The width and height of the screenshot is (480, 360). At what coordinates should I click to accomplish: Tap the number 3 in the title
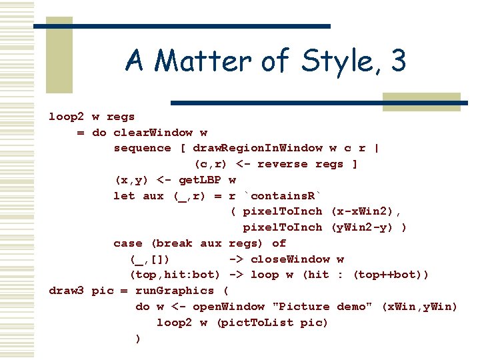[399, 62]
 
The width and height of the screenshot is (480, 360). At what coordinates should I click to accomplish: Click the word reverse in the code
[283, 164]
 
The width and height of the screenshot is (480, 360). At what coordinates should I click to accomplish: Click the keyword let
[125, 196]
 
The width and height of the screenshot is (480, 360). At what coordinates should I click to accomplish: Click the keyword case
[128, 243]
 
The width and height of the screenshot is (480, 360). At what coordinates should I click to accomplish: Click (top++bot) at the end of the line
[391, 275]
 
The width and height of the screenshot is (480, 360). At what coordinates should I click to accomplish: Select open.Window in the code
[229, 307]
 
